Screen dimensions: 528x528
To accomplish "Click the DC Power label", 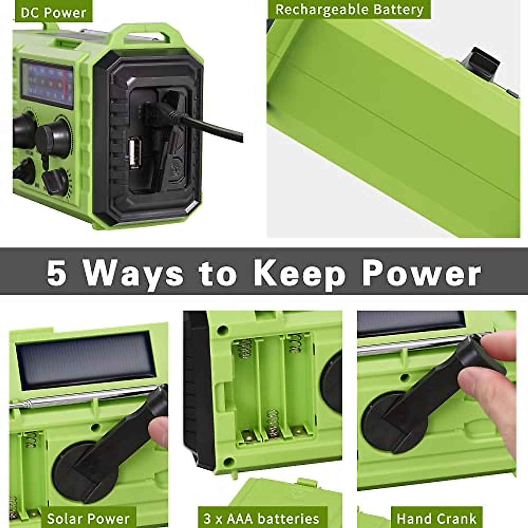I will (x=53, y=12).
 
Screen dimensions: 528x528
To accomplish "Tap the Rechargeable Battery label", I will (x=349, y=10).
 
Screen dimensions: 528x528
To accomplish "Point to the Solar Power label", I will (x=88, y=518).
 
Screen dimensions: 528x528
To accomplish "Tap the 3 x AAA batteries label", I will (x=261, y=518).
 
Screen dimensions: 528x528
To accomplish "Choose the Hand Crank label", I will (x=436, y=518).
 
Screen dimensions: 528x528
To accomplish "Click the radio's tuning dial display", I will (x=47, y=84).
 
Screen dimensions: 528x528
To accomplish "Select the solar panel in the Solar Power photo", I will (x=84, y=360).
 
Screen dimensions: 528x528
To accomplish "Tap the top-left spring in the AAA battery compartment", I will (x=243, y=350).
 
